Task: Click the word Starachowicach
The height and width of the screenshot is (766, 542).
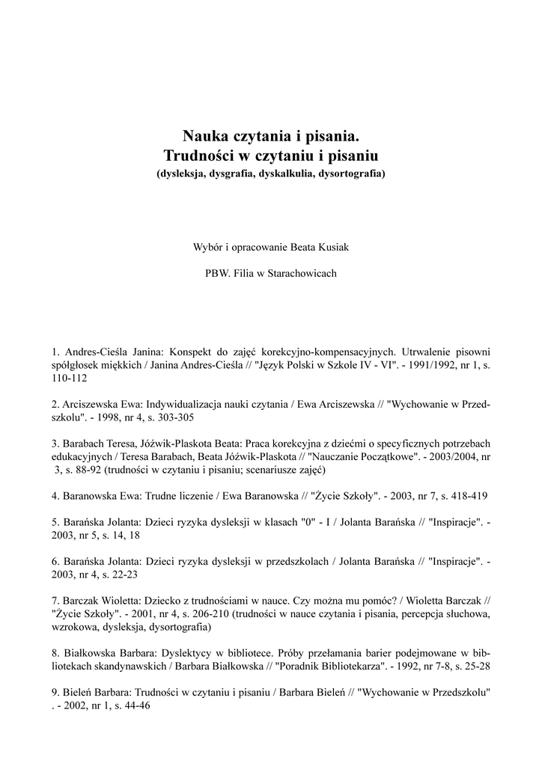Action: (299, 274)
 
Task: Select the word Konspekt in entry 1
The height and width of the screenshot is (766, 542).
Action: (193, 350)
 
